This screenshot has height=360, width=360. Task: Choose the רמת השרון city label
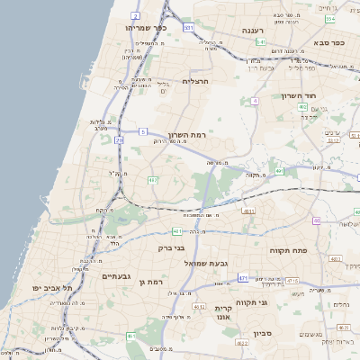186,134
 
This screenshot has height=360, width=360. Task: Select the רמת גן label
154,282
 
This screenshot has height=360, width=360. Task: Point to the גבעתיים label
117,275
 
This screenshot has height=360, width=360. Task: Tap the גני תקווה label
251,302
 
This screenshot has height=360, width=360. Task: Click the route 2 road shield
135,15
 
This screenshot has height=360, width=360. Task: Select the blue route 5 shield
142,132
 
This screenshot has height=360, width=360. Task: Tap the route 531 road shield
188,28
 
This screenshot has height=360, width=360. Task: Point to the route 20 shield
120,140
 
